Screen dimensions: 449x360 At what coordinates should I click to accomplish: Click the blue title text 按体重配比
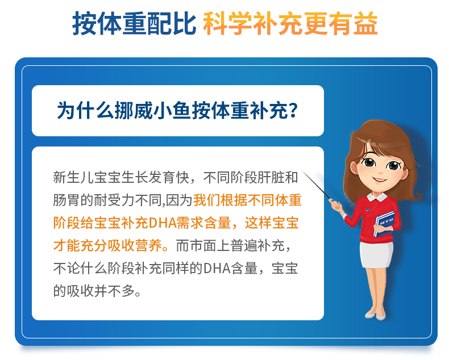point(134,23)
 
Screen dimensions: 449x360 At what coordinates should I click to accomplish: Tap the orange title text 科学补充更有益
point(290,23)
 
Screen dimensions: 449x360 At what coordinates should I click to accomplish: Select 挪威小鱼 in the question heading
point(153,111)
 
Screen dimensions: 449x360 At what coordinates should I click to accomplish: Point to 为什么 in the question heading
point(86,111)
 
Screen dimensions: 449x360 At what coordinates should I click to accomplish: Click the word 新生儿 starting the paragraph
point(73,177)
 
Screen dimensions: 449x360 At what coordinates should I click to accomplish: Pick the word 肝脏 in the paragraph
point(271,177)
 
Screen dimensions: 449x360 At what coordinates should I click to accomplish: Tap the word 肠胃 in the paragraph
point(66,200)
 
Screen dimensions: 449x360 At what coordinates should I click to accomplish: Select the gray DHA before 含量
point(217,269)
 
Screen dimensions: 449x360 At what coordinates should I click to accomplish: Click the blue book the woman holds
point(384,224)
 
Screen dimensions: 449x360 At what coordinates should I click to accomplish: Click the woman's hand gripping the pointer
point(335,205)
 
